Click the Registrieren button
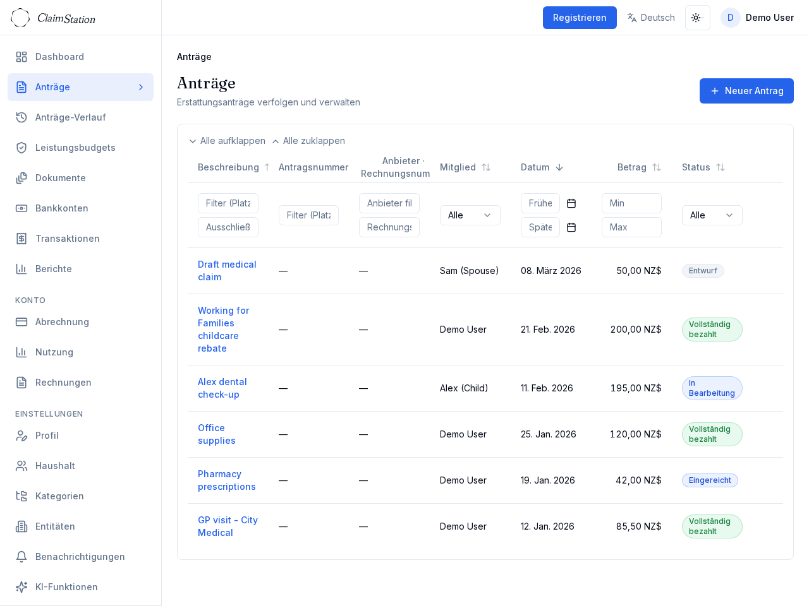click(x=580, y=18)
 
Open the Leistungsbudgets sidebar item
click(x=75, y=148)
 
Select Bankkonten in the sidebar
click(x=61, y=208)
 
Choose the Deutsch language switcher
click(x=651, y=18)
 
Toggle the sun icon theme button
click(x=697, y=18)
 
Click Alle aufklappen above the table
click(x=228, y=141)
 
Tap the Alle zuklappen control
click(x=309, y=141)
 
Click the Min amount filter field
click(x=631, y=203)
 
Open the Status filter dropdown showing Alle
click(x=712, y=215)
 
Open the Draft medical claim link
click(x=227, y=271)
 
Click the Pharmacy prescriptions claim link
click(x=226, y=480)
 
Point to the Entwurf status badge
click(x=703, y=271)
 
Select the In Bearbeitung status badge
click(x=712, y=388)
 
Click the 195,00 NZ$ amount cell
click(x=636, y=388)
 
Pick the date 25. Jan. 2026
click(x=549, y=434)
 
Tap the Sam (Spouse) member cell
click(x=469, y=271)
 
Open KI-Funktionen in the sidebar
click(x=66, y=587)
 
